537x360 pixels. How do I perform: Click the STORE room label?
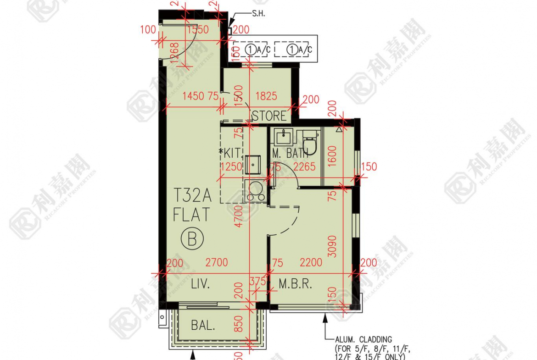click(x=269, y=116)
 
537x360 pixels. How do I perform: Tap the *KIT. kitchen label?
click(x=230, y=153)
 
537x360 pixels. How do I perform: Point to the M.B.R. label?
click(x=295, y=284)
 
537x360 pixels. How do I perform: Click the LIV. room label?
click(x=200, y=284)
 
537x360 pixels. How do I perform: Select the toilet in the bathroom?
click(x=311, y=142)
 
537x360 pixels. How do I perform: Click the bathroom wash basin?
click(x=284, y=136)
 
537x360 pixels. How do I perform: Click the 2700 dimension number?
click(x=216, y=263)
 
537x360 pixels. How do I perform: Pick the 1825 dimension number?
click(x=266, y=96)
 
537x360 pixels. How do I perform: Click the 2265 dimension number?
click(x=305, y=167)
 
